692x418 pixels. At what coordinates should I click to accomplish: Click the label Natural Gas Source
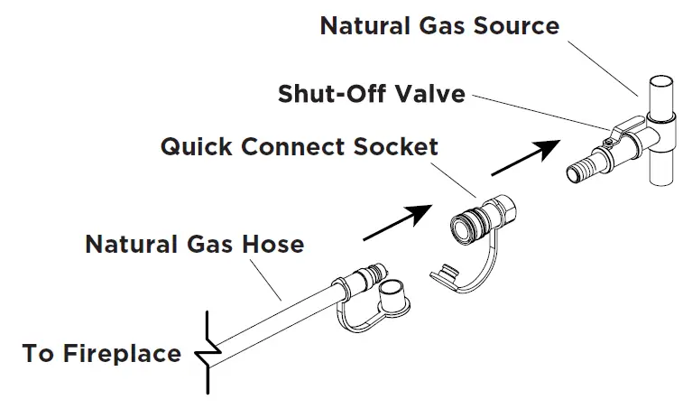(x=439, y=24)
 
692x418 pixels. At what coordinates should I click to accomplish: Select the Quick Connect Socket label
(x=299, y=146)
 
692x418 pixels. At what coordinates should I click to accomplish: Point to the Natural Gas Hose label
(x=194, y=244)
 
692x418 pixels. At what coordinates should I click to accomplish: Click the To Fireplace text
(x=101, y=353)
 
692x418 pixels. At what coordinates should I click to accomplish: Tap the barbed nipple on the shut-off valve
(x=590, y=166)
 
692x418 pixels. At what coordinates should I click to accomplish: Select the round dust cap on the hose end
(x=392, y=295)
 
